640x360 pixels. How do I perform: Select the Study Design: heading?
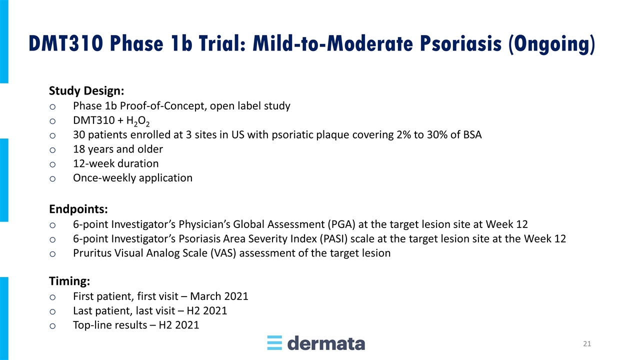point(86,91)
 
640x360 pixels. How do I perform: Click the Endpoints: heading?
point(78,209)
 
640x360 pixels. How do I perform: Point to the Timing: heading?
point(69,281)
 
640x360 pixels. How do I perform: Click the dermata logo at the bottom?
point(316,343)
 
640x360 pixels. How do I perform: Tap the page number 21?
point(587,343)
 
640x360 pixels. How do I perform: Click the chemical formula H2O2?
point(137,121)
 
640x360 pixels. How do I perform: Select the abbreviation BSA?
point(472,134)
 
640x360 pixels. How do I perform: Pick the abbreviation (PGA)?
point(341,224)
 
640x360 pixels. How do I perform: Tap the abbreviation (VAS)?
point(223,253)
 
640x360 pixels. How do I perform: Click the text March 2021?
point(219,296)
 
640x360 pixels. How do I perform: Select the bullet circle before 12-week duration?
point(52,164)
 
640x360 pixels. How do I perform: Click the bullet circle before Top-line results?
point(52,326)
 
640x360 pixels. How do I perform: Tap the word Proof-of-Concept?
point(163,106)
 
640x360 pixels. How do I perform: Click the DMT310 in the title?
point(66,43)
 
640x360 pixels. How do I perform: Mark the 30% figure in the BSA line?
point(437,134)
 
